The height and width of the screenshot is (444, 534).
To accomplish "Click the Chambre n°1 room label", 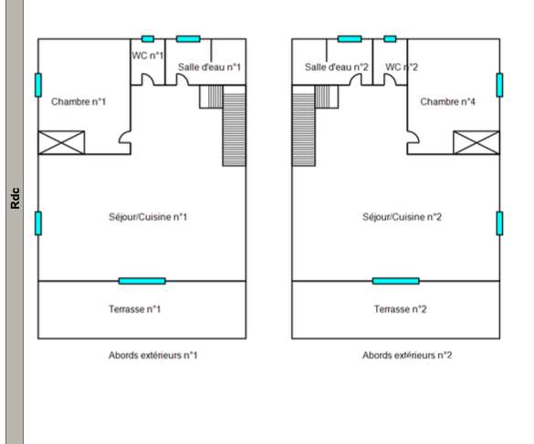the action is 79,101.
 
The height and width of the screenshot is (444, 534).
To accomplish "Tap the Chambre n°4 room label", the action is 447,101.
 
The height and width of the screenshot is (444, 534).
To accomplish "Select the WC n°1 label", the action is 148,55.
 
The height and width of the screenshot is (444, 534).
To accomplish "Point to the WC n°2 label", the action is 402,67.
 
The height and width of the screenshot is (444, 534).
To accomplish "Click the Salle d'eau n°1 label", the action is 209,67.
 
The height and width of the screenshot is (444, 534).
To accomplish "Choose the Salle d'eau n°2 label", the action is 337,67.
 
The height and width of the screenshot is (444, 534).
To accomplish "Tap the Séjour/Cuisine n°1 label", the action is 148,217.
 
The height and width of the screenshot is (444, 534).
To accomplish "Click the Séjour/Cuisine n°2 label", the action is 402,217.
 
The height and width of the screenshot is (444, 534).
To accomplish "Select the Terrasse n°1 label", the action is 134,309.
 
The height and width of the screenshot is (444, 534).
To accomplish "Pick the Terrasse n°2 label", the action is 401,309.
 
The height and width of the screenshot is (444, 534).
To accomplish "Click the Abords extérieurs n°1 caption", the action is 153,356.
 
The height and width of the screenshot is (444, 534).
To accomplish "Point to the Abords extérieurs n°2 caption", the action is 407,356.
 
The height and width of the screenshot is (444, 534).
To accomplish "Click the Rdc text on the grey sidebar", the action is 16,199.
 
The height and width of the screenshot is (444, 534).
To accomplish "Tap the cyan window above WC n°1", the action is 148,39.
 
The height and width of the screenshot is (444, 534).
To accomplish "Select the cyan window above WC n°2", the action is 390,39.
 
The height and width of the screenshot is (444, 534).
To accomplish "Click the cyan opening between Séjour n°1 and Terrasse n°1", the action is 142,281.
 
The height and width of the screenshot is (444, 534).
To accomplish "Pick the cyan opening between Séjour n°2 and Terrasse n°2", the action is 396,281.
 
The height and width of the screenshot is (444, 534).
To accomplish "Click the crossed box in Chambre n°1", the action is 61,142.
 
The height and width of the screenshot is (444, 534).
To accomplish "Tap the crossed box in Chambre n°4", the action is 476,142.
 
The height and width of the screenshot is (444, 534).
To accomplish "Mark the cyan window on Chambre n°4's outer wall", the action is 499,85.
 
